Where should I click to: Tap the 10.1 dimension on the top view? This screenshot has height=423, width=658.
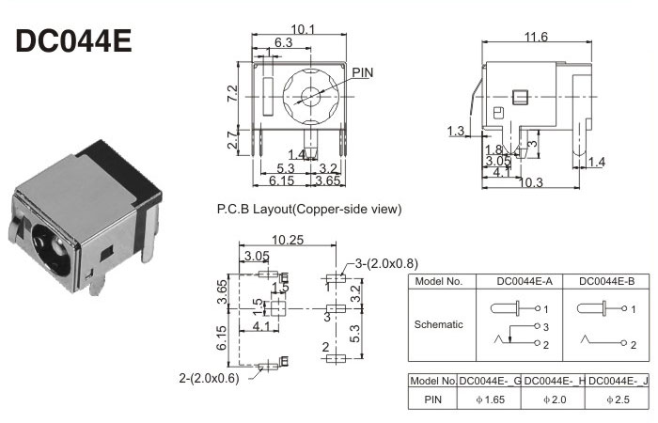pyautogui.click(x=302, y=30)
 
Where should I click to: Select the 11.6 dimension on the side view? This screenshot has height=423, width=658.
pyautogui.click(x=537, y=37)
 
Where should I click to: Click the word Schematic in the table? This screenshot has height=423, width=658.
pyautogui.click(x=438, y=323)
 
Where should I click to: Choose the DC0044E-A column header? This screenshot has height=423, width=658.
pyautogui.click(x=522, y=281)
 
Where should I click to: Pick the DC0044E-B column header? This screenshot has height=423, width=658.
pyautogui.click(x=606, y=281)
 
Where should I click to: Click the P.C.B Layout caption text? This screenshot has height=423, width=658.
pyautogui.click(x=309, y=208)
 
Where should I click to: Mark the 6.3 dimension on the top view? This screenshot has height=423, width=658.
pyautogui.click(x=283, y=43)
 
